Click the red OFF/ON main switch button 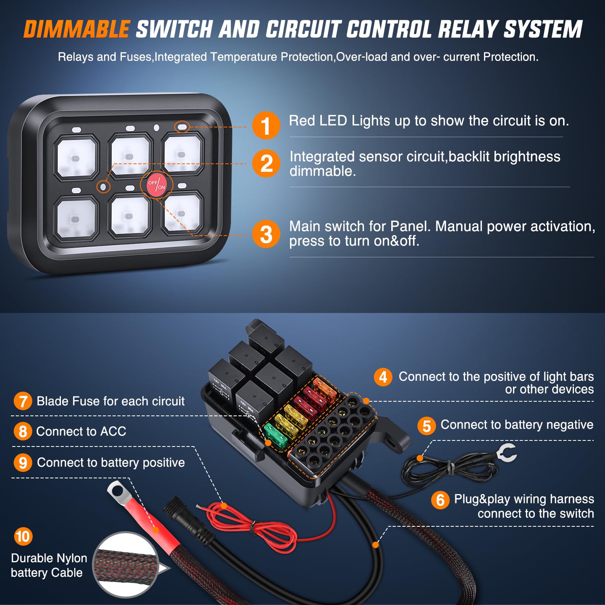tap(156, 185)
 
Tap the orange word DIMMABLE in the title tap(77, 29)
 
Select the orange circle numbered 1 tap(266, 125)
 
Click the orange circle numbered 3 tap(266, 234)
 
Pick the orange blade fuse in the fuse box tap(325, 387)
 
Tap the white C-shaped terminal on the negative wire tap(507, 453)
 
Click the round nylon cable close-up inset tap(126, 564)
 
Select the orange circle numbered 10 tap(23, 536)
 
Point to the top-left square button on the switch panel tap(76, 157)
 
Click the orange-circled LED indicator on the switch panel tap(182, 127)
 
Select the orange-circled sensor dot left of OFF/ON tap(103, 186)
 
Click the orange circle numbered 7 tap(23, 401)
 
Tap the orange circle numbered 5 tap(427, 426)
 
